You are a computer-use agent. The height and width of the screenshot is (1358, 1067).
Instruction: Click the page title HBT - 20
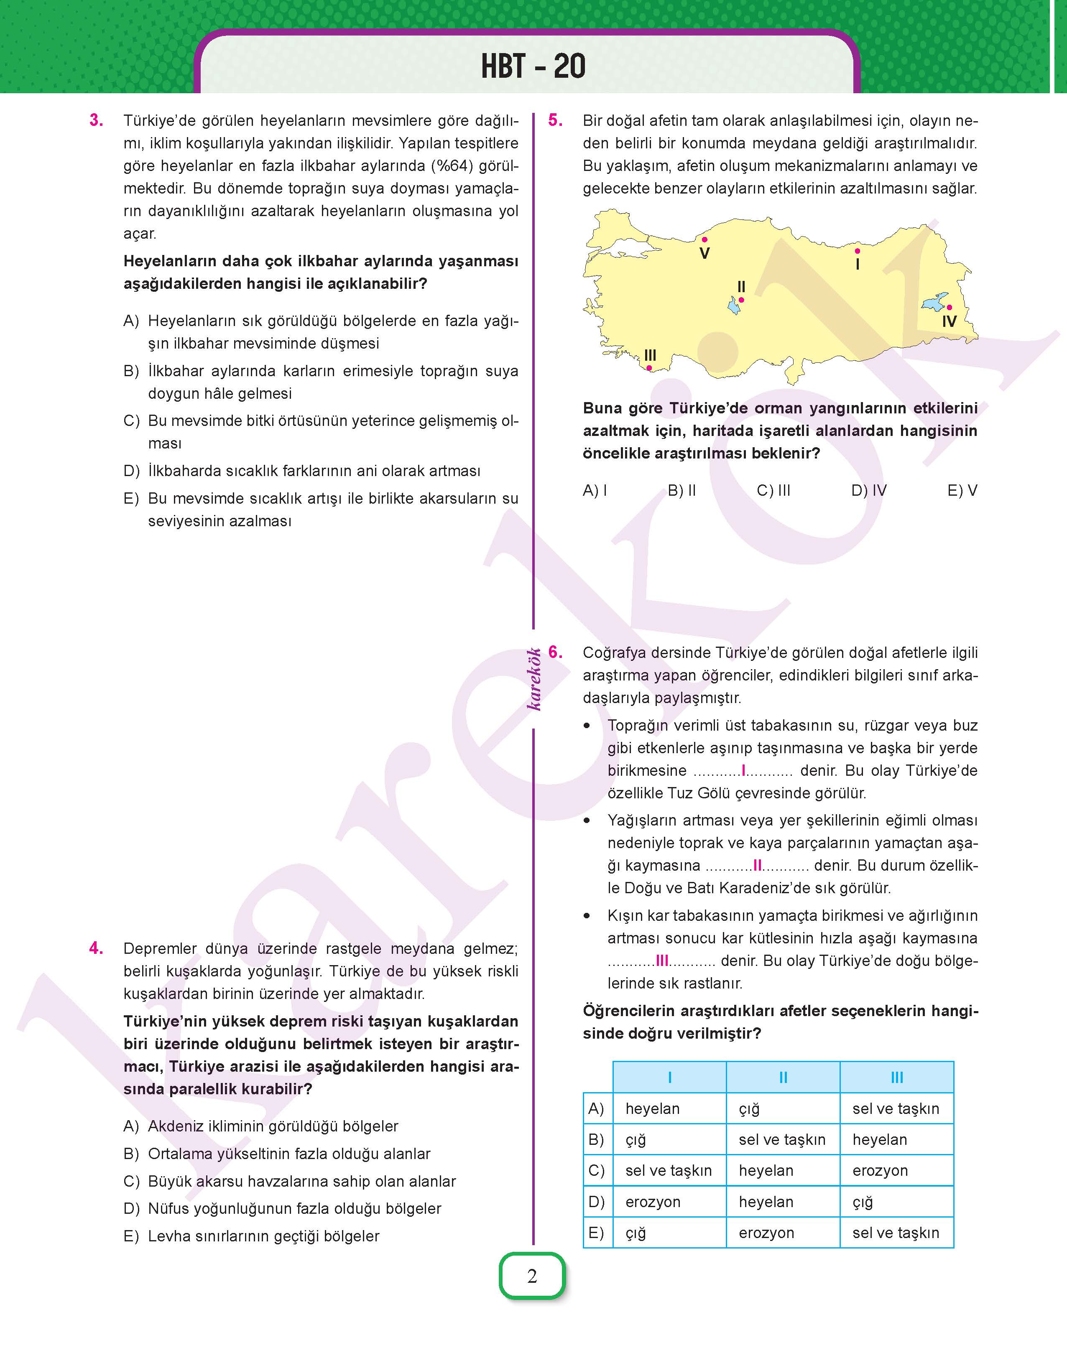533,66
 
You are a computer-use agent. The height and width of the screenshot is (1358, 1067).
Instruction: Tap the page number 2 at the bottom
532,1276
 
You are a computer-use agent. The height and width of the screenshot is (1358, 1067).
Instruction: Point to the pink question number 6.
555,652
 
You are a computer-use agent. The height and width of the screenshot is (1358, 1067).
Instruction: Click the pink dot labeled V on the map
704,239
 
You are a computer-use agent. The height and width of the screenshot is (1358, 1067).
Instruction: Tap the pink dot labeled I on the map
857,251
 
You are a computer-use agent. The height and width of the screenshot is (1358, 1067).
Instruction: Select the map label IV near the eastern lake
949,321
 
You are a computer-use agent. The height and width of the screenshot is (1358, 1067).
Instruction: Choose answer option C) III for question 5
773,491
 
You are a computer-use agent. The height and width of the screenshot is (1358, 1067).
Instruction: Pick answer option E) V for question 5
962,491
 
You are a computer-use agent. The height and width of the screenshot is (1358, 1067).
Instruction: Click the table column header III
896,1077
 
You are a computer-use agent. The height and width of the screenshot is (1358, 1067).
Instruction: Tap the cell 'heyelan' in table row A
652,1108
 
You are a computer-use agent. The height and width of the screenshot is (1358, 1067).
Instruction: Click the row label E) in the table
597,1233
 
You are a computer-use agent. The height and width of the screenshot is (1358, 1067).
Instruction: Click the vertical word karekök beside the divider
534,679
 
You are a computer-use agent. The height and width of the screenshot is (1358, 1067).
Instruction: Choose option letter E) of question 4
131,1236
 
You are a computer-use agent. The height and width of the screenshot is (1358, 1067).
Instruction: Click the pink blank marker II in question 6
757,865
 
